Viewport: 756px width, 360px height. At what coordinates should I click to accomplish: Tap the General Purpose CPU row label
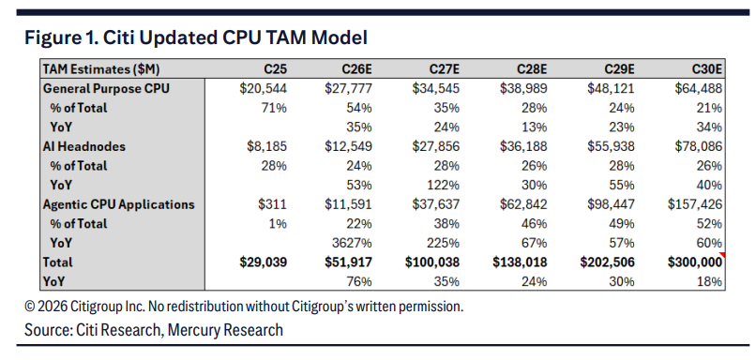[106, 89]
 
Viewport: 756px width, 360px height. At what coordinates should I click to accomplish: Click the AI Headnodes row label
[83, 146]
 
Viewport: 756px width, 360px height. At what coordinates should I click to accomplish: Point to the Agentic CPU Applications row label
[118, 204]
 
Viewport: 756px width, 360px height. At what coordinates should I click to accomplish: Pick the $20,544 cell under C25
[264, 89]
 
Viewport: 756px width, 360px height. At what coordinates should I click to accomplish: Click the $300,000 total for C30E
[695, 262]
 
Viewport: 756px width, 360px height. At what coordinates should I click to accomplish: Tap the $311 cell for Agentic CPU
[272, 204]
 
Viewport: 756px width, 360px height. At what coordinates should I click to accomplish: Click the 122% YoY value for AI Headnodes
[445, 185]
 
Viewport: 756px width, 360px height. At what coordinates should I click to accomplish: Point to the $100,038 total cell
[432, 262]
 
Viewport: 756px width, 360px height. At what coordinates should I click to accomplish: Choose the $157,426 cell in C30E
[695, 204]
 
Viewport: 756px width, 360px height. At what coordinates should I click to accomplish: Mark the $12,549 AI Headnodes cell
[348, 146]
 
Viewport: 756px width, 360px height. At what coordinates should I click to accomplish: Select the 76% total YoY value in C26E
[359, 281]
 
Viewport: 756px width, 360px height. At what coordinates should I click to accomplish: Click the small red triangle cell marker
[722, 254]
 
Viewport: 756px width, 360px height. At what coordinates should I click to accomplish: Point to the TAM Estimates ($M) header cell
[101, 69]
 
